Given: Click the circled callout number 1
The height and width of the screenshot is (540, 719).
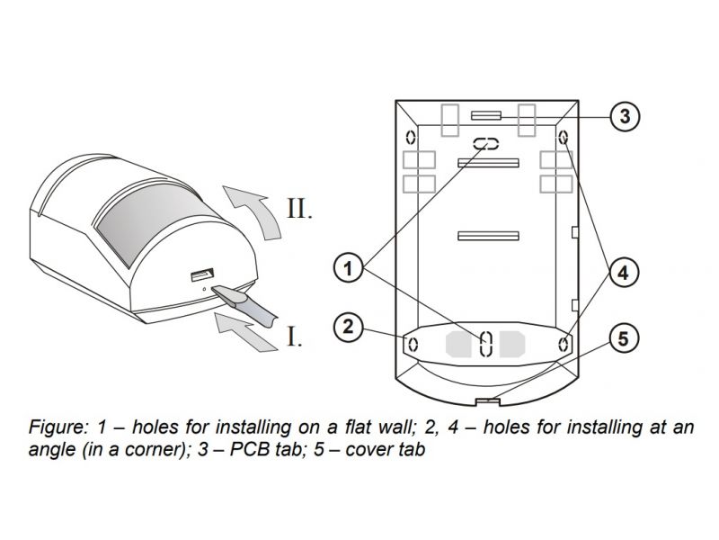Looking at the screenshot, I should coord(349,266).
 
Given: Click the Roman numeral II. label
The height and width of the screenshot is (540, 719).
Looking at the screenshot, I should coord(298,209).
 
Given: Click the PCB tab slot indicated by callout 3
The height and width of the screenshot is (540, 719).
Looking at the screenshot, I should coord(486,115).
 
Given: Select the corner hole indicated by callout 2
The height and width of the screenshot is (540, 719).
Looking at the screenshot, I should coord(412,344).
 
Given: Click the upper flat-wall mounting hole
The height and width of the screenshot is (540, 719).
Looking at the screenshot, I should coord(486,144).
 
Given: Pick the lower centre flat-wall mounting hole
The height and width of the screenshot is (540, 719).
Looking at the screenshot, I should coord(486,342).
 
